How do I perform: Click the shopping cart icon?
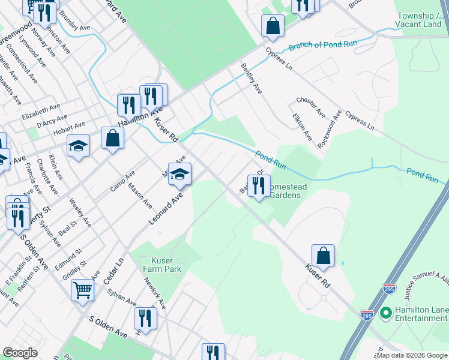[82, 290]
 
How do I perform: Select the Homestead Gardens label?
[287, 191]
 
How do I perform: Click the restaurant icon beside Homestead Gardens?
[259, 187]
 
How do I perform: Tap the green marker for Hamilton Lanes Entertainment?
[385, 313]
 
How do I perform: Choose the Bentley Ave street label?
[252, 79]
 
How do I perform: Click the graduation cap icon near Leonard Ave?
[179, 175]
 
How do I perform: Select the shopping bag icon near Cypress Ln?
[273, 26]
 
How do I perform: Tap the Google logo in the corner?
[20, 353]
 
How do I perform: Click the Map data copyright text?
[412, 355]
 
